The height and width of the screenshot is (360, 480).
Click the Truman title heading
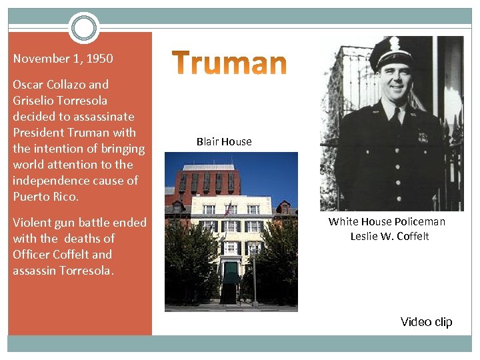[x=230, y=64]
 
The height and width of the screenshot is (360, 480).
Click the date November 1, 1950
[x=63, y=59]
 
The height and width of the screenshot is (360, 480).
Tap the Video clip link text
[x=426, y=322]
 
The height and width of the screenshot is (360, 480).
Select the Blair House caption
[x=224, y=141]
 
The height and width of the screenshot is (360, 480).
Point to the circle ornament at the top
[x=83, y=28]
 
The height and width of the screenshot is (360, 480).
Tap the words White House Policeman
[x=387, y=221]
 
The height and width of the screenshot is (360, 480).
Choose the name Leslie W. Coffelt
[x=389, y=236]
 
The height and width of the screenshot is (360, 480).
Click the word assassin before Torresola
[x=34, y=270]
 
